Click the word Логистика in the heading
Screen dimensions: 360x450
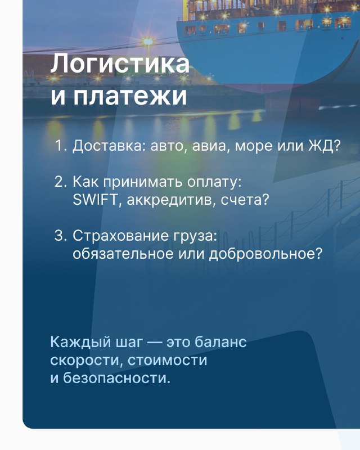[x=120, y=64]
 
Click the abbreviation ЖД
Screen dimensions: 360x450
[x=324, y=146]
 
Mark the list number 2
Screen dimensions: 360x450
[x=61, y=182]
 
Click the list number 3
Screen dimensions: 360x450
[x=61, y=236]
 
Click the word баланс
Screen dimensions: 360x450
[x=220, y=342]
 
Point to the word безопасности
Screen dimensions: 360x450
[x=116, y=378]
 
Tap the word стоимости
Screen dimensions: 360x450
[x=167, y=360]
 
